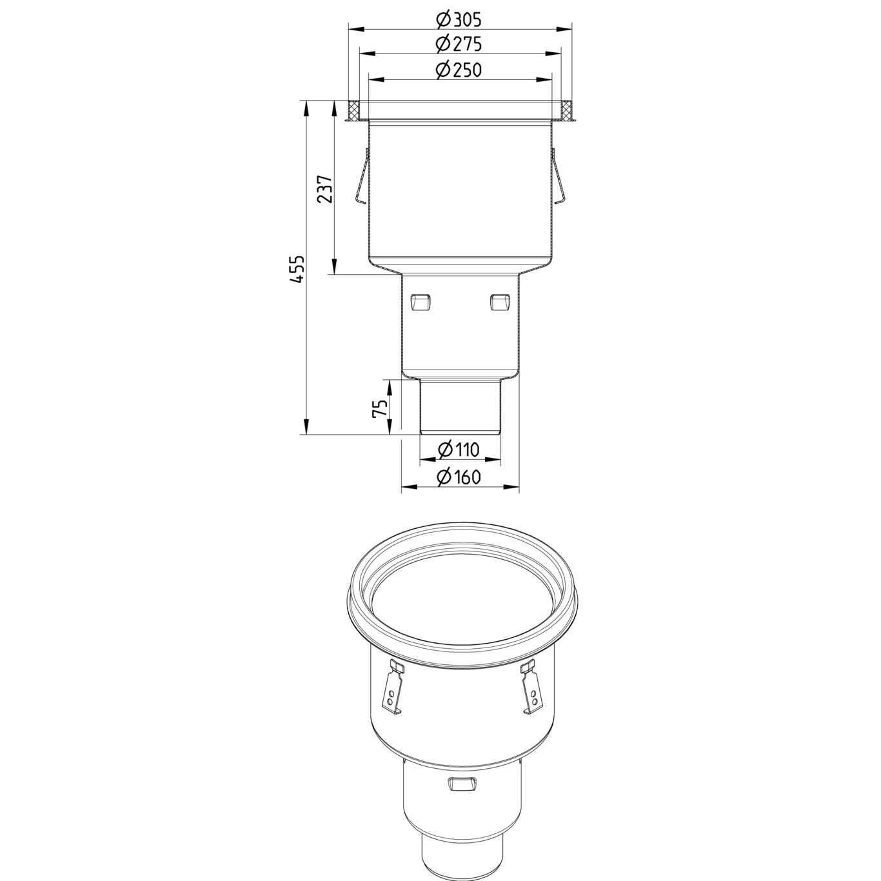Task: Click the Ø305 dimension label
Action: pos(459,20)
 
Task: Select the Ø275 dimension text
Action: pos(459,45)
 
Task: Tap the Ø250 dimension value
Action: pos(459,70)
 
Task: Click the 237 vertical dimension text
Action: pos(326,189)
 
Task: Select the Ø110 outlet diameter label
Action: pos(459,450)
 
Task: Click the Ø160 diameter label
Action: pos(459,477)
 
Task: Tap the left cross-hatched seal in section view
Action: pos(353,112)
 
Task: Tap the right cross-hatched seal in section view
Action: pos(566,112)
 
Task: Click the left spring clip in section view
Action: pos(361,178)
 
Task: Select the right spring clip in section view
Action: pos(559,178)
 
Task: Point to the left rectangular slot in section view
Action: pos(419,301)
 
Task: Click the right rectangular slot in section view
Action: pos(500,301)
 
